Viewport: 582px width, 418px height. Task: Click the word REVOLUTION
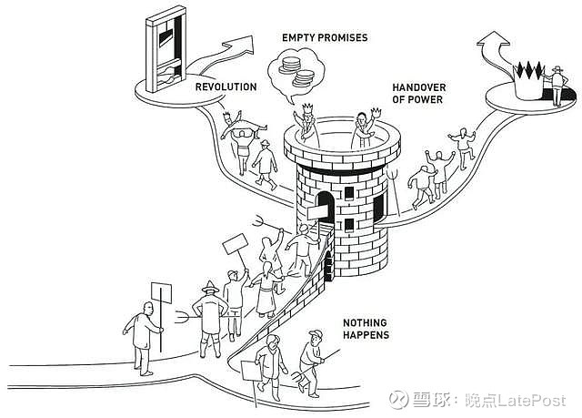pos(226,87)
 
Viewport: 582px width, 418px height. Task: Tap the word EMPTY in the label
pos(298,37)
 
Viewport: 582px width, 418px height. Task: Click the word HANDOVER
pos(419,87)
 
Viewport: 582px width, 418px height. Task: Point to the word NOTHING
pos(365,322)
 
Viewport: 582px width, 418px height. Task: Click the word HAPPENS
pos(366,335)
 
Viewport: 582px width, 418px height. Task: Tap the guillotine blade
pos(166,37)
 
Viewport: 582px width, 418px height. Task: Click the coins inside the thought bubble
pos(296,71)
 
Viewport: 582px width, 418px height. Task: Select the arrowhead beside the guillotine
pos(240,45)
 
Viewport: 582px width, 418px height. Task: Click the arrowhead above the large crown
pos(493,39)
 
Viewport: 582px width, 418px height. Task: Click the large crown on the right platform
pos(528,80)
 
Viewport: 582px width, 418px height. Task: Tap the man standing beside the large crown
pos(556,86)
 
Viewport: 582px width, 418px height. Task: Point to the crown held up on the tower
pos(376,112)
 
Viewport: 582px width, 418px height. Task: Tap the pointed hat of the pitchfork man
pos(210,287)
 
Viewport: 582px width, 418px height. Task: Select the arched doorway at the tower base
pos(328,266)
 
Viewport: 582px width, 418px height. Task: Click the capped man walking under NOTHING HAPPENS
pos(312,362)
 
